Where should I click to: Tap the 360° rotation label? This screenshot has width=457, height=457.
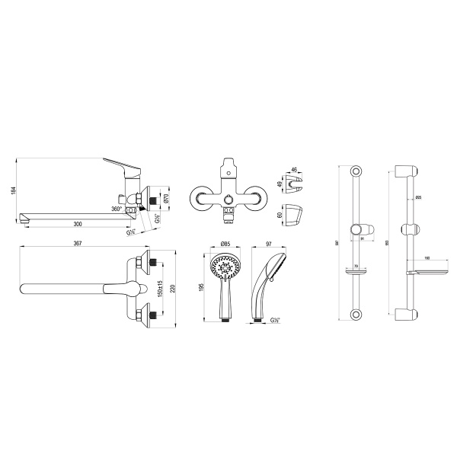[117, 208]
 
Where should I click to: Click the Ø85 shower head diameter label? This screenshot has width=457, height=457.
[225, 244]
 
